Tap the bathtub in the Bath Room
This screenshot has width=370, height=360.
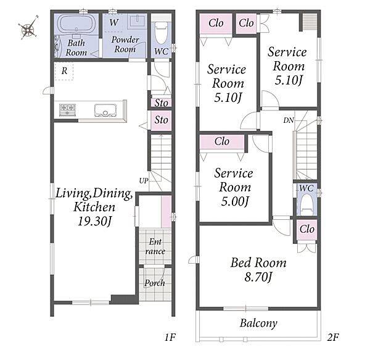pos(76,24)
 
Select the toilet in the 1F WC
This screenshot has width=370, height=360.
pos(162,33)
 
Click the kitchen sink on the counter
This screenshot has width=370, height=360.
pos(105,111)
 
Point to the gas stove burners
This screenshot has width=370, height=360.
pos(67,110)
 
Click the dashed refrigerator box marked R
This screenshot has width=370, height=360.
pos(64,71)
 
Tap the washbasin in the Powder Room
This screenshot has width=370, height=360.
pos(136,20)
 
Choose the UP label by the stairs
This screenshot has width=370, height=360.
pos(144,181)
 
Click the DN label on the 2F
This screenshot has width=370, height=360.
pos(289,120)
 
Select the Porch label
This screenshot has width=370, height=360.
pos(155,283)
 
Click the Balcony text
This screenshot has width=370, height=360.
pos(258,323)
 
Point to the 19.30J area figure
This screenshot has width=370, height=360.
pos(95,221)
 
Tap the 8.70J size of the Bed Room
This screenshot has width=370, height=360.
pos(258,277)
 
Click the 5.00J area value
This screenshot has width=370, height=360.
pos(235,201)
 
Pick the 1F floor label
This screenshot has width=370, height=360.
pos(170,337)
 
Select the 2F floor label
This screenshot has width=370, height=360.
pos(333,337)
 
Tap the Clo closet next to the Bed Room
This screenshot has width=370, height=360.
pos(306,229)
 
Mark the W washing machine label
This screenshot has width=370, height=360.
pos(113,22)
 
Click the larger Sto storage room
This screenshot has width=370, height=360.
pos(162,120)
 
